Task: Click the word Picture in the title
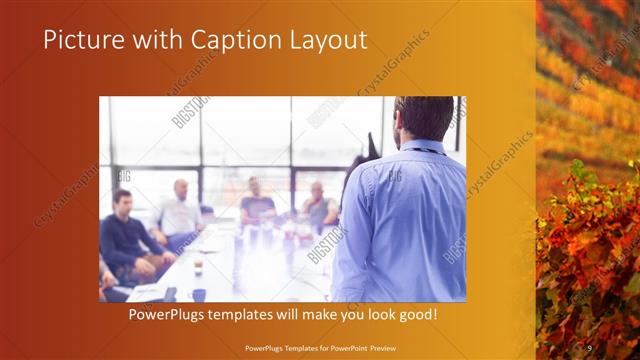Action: (x=77, y=40)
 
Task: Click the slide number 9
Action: (x=589, y=347)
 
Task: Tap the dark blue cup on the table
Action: (x=199, y=294)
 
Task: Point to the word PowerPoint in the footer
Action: (x=357, y=347)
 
